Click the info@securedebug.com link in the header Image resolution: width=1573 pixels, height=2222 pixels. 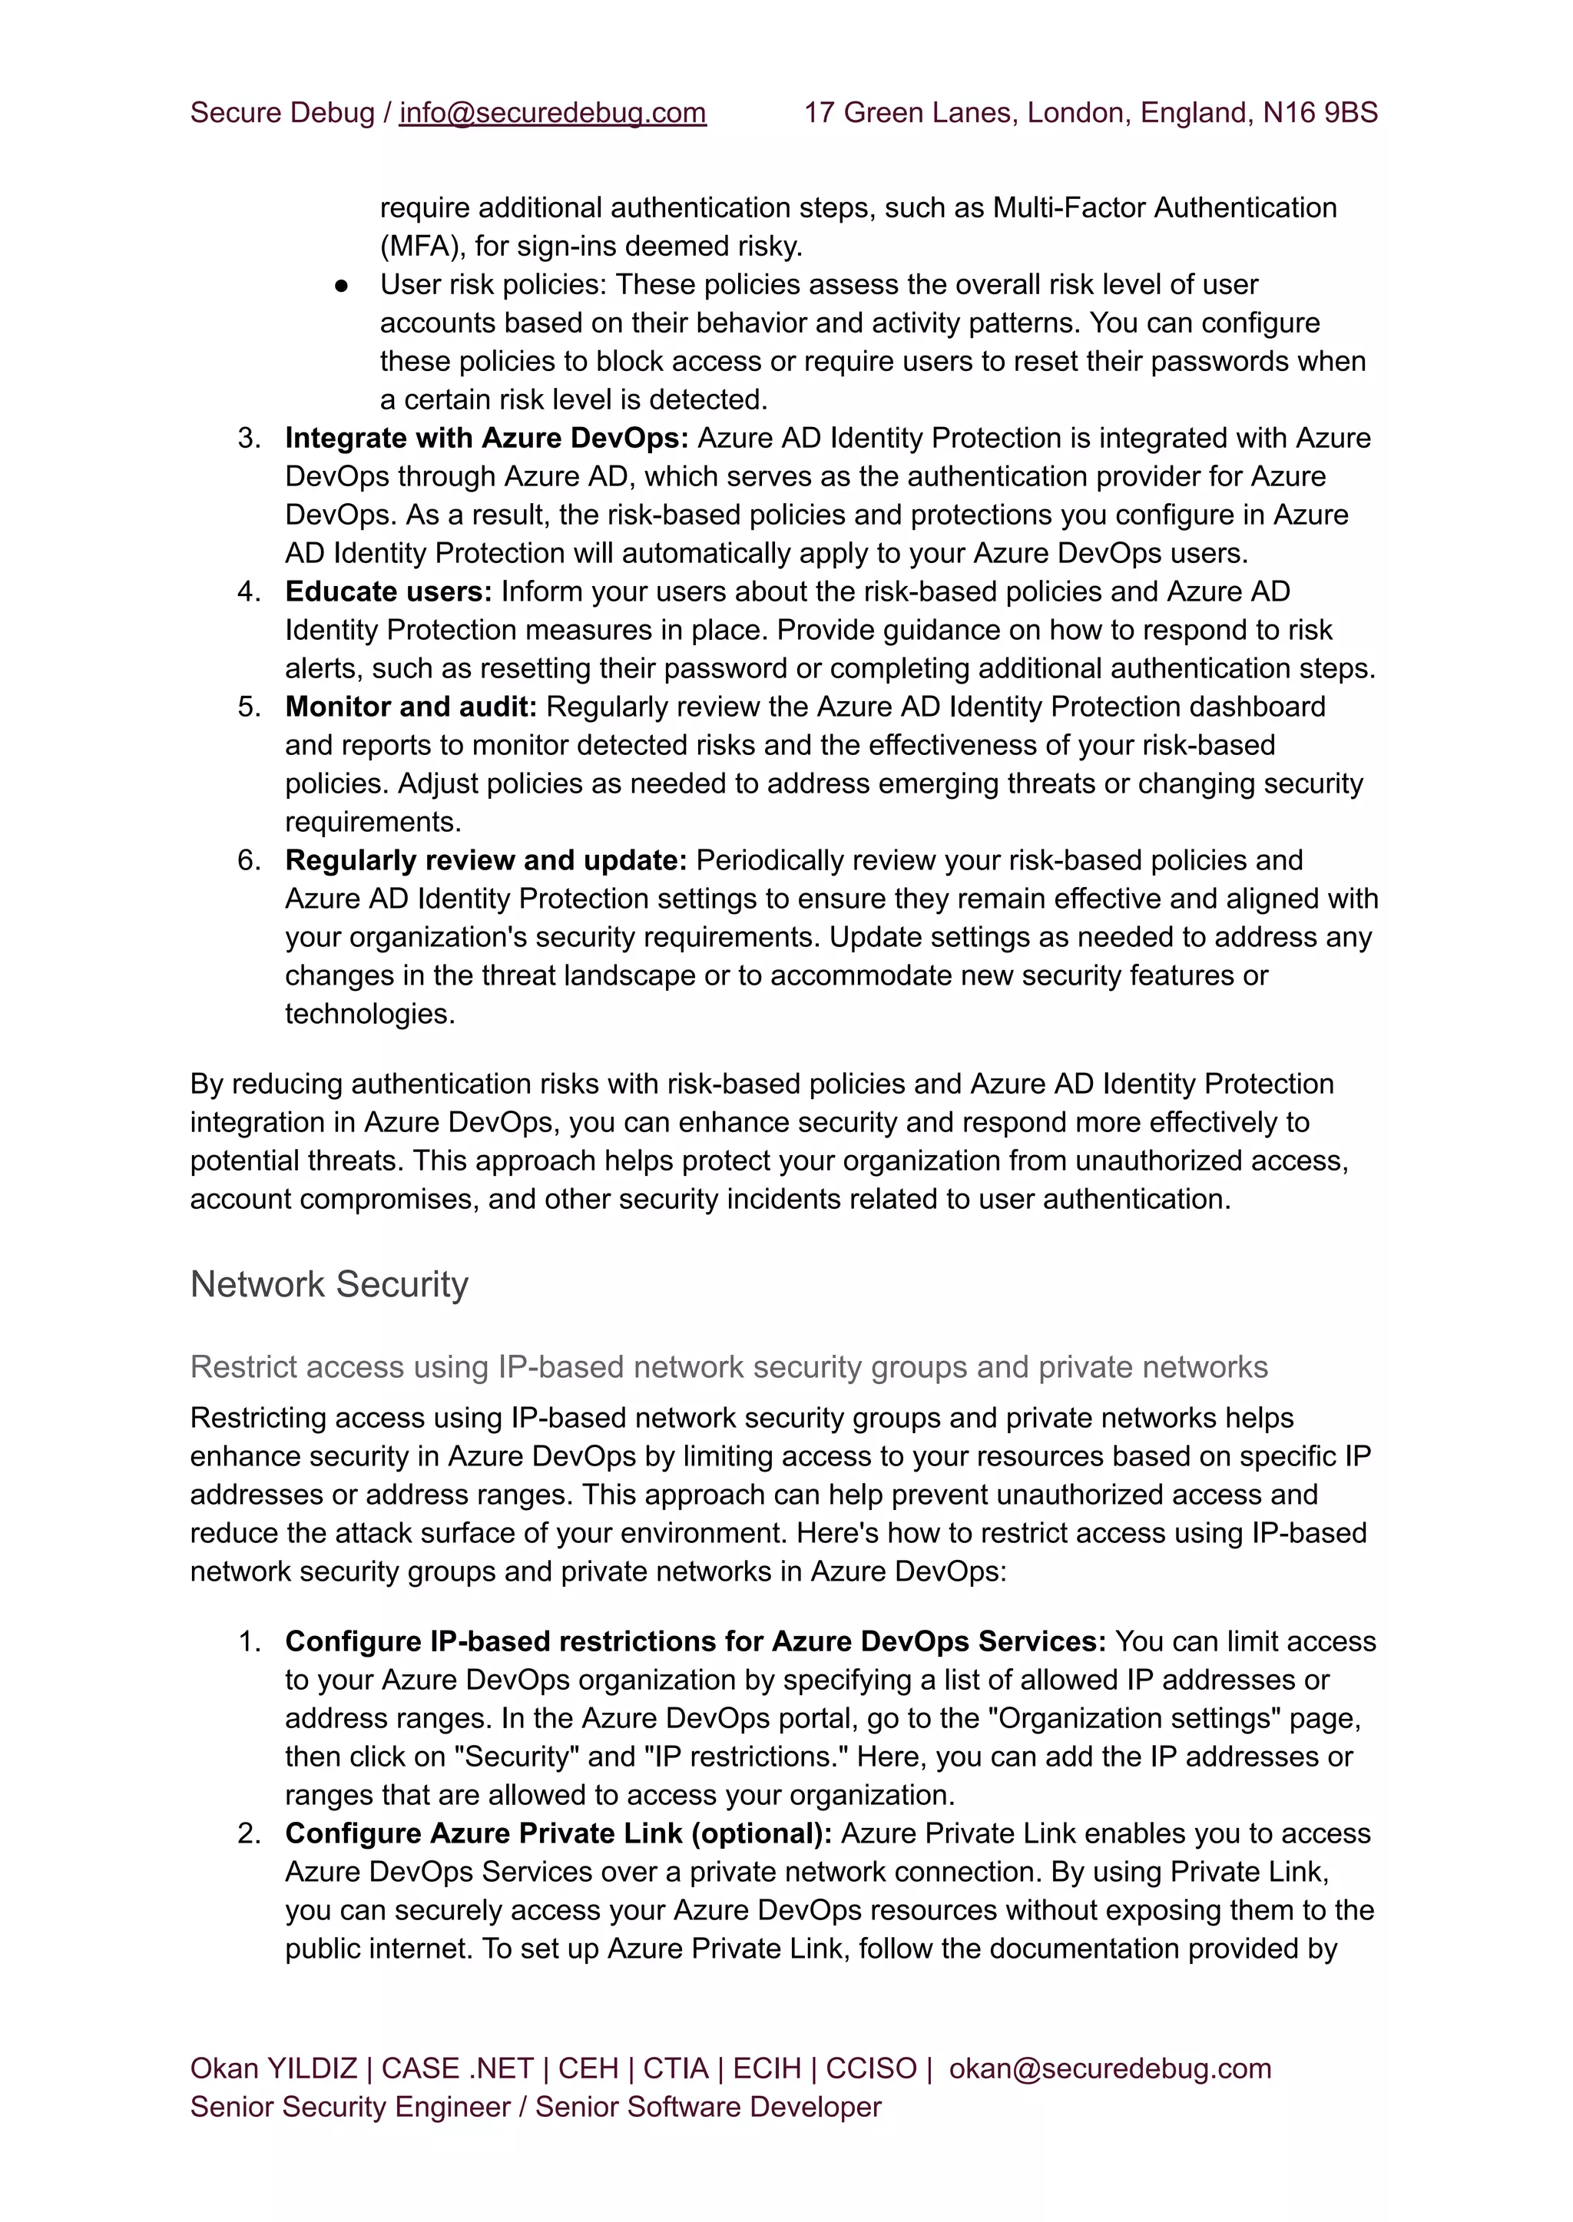pyautogui.click(x=552, y=114)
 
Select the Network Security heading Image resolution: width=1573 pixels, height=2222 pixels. pyautogui.click(x=330, y=1284)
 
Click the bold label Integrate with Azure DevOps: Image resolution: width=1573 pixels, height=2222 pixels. pyautogui.click(x=486, y=438)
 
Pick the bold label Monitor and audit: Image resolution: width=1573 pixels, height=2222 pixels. pyautogui.click(x=411, y=707)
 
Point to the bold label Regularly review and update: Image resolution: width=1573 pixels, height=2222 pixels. pyautogui.click(x=485, y=860)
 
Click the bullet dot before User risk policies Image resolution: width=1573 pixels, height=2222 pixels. pyautogui.click(x=341, y=286)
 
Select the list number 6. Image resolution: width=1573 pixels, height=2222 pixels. pyautogui.click(x=249, y=860)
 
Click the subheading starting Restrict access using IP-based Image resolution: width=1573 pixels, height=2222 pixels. pyautogui.click(x=728, y=1366)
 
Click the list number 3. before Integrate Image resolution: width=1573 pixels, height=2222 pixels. pyautogui.click(x=249, y=438)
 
